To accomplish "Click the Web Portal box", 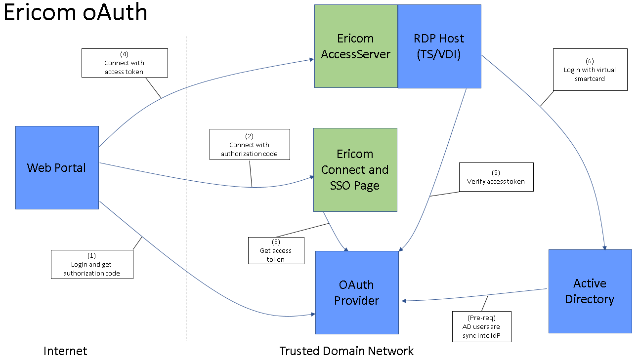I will [57, 167].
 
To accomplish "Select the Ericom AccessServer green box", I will [356, 46].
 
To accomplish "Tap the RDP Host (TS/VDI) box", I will [439, 46].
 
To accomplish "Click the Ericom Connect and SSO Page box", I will [355, 170].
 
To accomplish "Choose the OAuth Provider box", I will [357, 292].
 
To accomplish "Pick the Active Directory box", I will [590, 291].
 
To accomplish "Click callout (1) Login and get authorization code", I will [92, 264].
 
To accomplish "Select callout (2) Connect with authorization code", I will [250, 144].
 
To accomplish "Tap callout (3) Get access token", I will [276, 250].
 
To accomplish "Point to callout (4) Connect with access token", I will [125, 63].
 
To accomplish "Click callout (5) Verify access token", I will [496, 177].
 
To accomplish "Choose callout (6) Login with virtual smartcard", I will [590, 70].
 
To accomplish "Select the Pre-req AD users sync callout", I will [482, 326].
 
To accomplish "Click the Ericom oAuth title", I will [75, 12].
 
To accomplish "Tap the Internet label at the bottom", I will [65, 351].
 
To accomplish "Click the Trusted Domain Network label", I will [346, 351].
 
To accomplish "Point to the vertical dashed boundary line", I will [186, 198].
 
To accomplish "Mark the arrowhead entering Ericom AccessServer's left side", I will [311, 59].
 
